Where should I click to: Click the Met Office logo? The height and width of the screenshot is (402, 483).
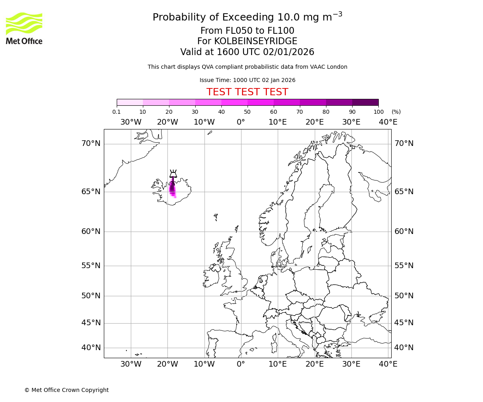point(24,28)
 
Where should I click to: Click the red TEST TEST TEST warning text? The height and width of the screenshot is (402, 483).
point(247,92)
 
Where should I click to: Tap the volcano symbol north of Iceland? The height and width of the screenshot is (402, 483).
point(173,174)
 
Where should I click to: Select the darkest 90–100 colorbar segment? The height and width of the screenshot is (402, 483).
point(365,102)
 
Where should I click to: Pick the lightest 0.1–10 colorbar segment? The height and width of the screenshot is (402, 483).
point(130,102)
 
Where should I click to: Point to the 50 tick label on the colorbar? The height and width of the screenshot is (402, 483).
point(247,112)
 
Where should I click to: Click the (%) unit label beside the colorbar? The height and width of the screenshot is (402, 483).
point(396,112)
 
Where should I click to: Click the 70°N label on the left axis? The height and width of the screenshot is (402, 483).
point(91,144)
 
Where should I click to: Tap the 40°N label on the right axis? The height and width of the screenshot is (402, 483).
point(404,347)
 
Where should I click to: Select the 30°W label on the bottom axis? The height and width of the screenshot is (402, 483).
point(131,364)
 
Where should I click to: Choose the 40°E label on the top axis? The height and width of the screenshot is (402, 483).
point(388,122)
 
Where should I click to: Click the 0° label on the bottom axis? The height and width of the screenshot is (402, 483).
point(241,364)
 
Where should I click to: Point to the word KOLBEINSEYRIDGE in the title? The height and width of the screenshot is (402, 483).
point(256,41)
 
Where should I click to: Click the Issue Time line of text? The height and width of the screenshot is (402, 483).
point(247,80)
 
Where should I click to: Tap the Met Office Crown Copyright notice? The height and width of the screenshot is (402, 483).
point(66,390)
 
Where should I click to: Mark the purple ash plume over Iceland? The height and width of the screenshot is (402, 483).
point(172,188)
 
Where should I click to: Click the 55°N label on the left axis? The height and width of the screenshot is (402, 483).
point(91,265)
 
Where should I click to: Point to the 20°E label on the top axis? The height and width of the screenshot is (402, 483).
point(314,122)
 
